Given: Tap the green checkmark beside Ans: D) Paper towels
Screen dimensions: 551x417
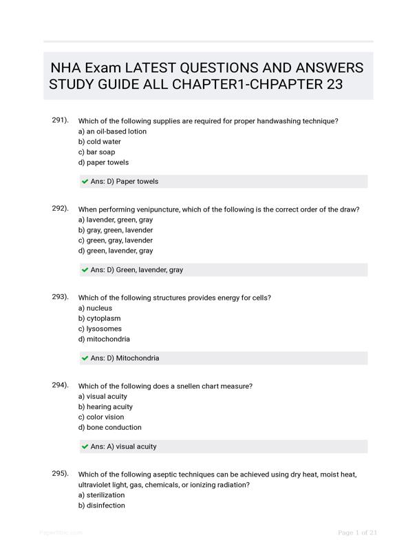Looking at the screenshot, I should [x=85, y=182].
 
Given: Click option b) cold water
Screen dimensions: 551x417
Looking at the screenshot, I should [x=100, y=142].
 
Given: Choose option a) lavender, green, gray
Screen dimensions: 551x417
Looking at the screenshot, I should [x=116, y=220].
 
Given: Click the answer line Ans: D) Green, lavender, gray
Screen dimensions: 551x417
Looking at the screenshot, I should [x=137, y=270].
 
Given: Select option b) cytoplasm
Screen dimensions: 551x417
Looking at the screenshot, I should [x=100, y=318].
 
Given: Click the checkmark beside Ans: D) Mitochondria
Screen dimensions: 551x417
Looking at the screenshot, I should [x=85, y=358].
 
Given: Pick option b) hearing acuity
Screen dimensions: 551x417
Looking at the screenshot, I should [x=105, y=407].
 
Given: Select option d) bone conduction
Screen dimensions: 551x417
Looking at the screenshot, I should [x=110, y=428].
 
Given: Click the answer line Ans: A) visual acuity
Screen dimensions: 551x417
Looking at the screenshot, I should [x=123, y=446].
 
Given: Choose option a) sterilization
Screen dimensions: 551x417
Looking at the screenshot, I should [x=102, y=495].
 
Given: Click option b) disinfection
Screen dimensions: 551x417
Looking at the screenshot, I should [x=102, y=506].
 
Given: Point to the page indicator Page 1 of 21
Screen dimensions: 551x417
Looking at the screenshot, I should [x=357, y=532].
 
